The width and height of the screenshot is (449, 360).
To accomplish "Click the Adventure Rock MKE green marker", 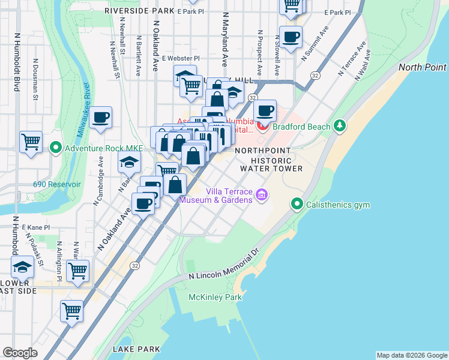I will click(x=56, y=147).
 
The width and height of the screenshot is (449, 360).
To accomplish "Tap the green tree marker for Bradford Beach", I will click(x=340, y=126).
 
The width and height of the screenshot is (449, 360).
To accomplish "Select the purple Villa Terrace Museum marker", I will click(x=261, y=194).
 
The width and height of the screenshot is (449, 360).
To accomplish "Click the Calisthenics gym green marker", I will click(x=297, y=205).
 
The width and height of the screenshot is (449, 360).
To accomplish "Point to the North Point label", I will click(x=422, y=67).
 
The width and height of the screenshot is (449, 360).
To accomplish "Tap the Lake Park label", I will click(x=136, y=349).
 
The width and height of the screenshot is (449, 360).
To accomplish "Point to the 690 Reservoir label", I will click(x=56, y=184).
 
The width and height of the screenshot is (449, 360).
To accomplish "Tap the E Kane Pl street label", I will click(x=36, y=228).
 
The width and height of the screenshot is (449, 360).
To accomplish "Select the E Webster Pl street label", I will click(x=181, y=58).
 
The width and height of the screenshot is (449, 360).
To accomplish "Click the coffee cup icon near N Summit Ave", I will click(x=291, y=37).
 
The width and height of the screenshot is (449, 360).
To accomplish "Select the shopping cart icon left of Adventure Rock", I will click(x=31, y=142).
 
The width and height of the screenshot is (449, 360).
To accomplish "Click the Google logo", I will click(x=20, y=353).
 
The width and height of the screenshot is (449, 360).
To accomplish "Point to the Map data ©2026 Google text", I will click(x=411, y=355).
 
